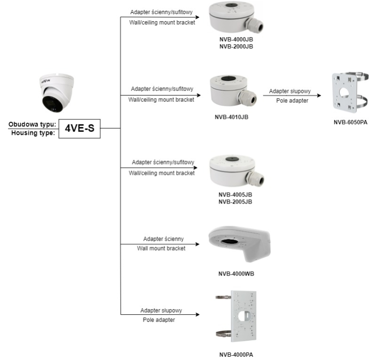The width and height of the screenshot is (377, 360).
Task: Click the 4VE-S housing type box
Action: pos(80,128)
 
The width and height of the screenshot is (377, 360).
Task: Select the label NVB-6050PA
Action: pos(350,123)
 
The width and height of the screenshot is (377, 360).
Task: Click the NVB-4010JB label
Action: pos(232,117)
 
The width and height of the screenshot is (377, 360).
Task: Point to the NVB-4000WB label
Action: pos(236,274)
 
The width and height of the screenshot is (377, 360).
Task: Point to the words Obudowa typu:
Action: pos(32,124)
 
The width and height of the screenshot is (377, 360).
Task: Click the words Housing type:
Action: pos(32,133)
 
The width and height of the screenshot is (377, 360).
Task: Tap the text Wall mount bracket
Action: pos(161,248)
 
